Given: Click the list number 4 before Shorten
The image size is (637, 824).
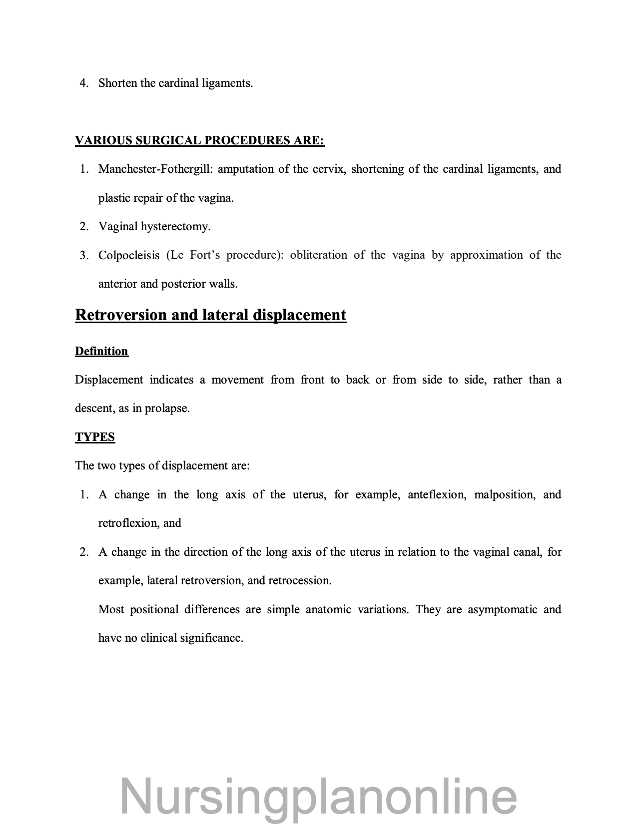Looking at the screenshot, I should click(83, 83).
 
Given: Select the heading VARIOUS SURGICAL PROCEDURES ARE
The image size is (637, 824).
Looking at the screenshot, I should click(199, 141).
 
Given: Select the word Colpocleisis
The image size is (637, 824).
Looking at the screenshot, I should click(129, 256).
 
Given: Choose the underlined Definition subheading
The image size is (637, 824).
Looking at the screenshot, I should click(101, 352).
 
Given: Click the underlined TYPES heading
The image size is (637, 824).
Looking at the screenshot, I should click(95, 437).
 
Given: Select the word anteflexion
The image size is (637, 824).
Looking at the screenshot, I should click(437, 495).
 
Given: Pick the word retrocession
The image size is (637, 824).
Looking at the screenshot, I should click(299, 581).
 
